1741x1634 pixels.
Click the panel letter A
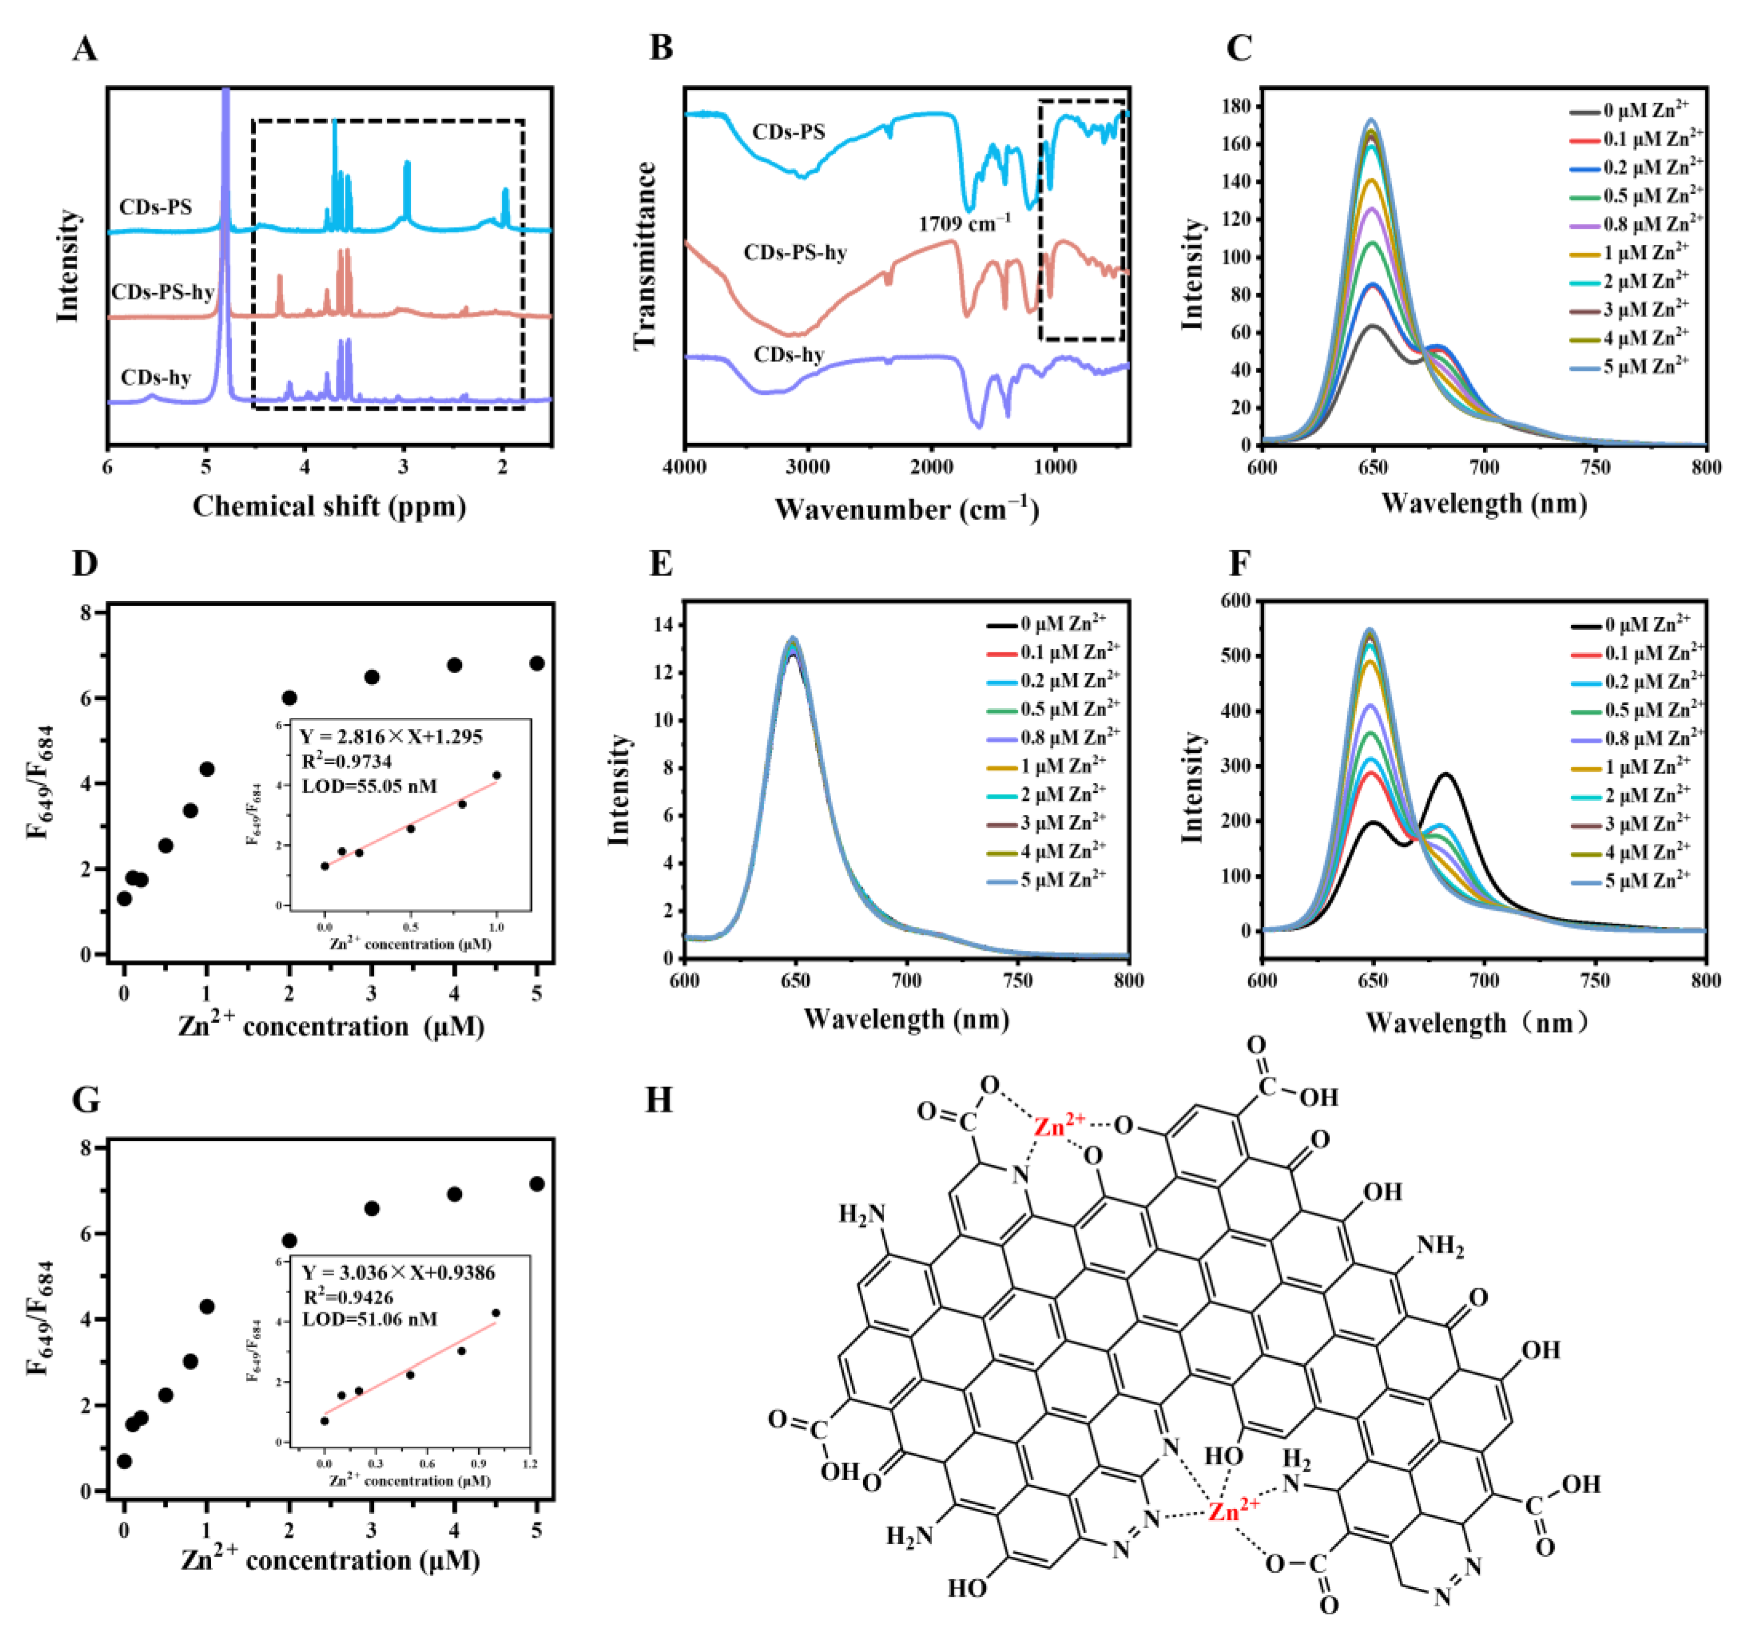click(x=85, y=48)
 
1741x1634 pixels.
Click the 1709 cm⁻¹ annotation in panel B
click(x=963, y=223)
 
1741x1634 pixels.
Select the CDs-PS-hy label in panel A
click(x=163, y=292)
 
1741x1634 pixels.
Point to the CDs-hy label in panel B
click(x=788, y=355)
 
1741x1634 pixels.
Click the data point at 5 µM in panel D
click(x=537, y=663)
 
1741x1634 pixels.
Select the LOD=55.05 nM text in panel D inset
click(x=369, y=785)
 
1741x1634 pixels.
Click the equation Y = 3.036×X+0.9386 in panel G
click(x=399, y=1272)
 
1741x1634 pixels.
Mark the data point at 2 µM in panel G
click(x=289, y=1241)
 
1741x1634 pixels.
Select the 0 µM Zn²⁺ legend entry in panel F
click(x=1646, y=624)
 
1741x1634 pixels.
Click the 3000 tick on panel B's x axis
click(x=807, y=467)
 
